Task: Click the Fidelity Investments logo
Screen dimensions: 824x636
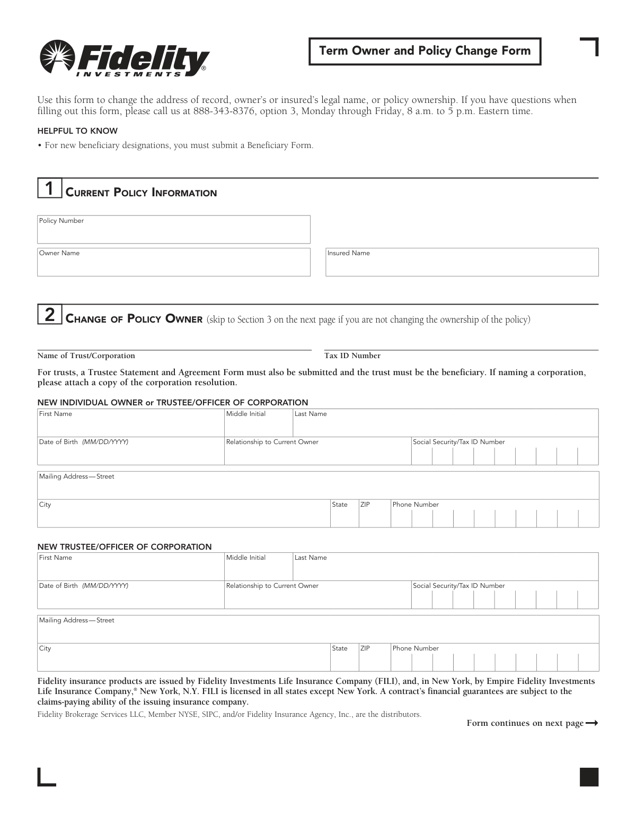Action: [x=125, y=59]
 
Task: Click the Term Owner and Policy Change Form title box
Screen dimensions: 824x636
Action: [x=425, y=51]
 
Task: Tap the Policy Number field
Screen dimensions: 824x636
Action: [x=173, y=230]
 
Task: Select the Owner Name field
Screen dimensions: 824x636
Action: [x=173, y=262]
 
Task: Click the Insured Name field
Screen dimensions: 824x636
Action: [x=462, y=262]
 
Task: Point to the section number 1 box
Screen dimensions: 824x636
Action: [x=49, y=188]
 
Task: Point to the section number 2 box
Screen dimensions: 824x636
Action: [x=49, y=315]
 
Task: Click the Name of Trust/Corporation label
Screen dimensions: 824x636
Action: [x=86, y=356]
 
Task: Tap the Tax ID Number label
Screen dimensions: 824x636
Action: [x=352, y=356]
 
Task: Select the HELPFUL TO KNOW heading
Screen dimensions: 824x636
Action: [x=77, y=131]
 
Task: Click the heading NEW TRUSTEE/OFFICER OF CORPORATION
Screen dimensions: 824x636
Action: [x=124, y=547]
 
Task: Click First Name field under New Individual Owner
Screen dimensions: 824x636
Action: [x=130, y=423]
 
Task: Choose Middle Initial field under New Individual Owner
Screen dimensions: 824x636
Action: [x=258, y=423]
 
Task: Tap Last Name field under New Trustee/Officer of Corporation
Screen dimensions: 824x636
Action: [x=445, y=567]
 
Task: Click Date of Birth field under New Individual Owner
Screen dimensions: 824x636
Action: [x=130, y=452]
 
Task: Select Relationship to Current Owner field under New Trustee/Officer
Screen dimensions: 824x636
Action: [x=317, y=595]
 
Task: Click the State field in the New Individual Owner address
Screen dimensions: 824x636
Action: [x=344, y=514]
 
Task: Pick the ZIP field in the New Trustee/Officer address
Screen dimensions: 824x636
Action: [x=374, y=658]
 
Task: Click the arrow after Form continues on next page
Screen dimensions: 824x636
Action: [x=592, y=723]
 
